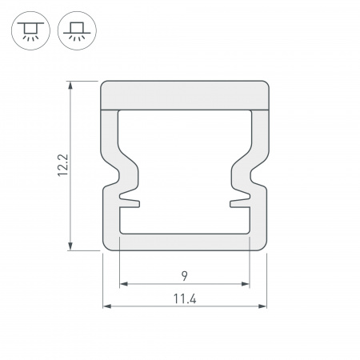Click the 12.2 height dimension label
coord(63,166)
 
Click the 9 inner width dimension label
coord(185,276)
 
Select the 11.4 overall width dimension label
coord(185,298)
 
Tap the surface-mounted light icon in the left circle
coord(30,30)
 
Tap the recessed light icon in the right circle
coord(77,30)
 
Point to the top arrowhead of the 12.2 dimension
coord(70,86)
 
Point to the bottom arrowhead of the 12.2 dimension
coord(70,246)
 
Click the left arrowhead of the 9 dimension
coord(124,284)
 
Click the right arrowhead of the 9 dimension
coord(246,284)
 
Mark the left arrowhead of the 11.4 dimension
coord(107,306)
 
